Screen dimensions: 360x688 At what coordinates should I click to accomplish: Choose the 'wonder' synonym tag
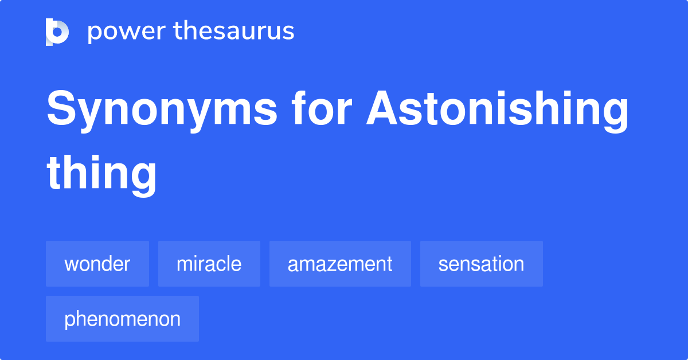97,264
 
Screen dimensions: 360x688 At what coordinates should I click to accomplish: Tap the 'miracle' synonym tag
209,264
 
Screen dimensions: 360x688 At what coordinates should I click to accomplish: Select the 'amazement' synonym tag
340,264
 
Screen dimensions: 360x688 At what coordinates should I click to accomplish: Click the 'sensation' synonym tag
481,264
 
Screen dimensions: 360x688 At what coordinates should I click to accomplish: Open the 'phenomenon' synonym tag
122,319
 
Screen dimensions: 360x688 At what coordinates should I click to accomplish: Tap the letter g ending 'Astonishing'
614,114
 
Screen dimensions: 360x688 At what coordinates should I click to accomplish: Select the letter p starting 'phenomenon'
69,320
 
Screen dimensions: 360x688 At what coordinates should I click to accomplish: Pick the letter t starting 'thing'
54,171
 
